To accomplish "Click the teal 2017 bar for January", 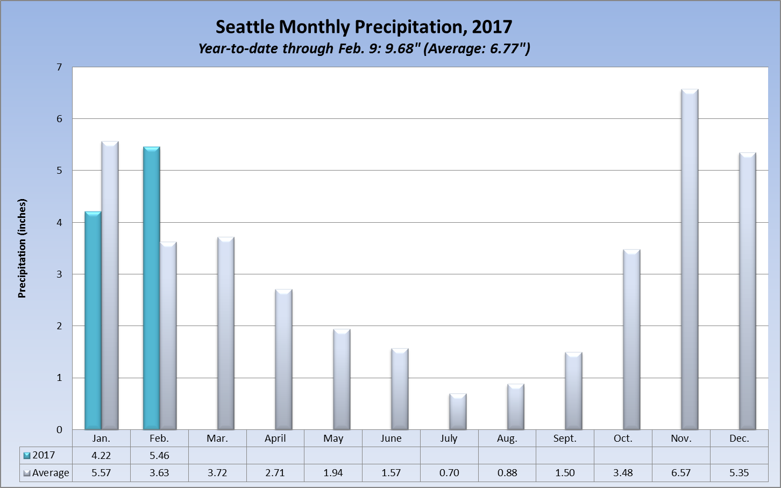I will (x=93, y=321).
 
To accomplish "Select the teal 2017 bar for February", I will (x=151, y=288).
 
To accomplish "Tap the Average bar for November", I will (x=690, y=259).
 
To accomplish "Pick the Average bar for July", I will (x=458, y=412).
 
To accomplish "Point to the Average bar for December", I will (x=748, y=291).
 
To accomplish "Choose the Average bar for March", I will (x=226, y=334).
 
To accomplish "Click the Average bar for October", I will (x=631, y=340).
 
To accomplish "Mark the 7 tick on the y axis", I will (x=59, y=67).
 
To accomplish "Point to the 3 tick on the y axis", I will (x=59, y=274).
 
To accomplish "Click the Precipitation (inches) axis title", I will (x=22, y=249).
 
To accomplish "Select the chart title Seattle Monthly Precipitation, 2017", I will (x=364, y=26).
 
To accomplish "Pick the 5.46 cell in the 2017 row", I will (x=159, y=455).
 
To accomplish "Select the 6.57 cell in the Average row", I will (x=681, y=473).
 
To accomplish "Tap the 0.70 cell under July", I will (x=449, y=473).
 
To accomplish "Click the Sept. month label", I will (x=565, y=439).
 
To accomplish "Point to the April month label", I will (x=275, y=439).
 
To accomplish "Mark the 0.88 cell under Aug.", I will (x=507, y=473).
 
